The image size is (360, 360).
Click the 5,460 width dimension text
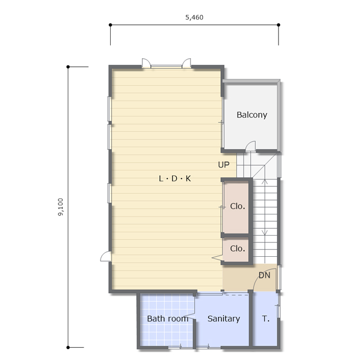194,17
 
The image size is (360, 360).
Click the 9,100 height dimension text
60,207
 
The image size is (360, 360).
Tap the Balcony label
252,115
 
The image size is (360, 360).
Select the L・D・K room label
175,178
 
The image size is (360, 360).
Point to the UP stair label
223,165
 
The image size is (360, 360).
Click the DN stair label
264,275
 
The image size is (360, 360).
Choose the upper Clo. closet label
238,206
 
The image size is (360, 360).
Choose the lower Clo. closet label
238,248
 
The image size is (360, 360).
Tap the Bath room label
168,319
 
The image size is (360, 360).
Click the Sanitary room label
223,319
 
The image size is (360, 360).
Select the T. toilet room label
266,319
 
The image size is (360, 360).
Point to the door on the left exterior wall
106,256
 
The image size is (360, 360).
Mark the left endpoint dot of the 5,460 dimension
111,25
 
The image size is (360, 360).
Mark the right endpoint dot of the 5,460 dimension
278,25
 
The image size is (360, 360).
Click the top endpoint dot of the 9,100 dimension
68,67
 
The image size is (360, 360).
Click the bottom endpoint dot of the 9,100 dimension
68,347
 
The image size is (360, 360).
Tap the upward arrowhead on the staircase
265,182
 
